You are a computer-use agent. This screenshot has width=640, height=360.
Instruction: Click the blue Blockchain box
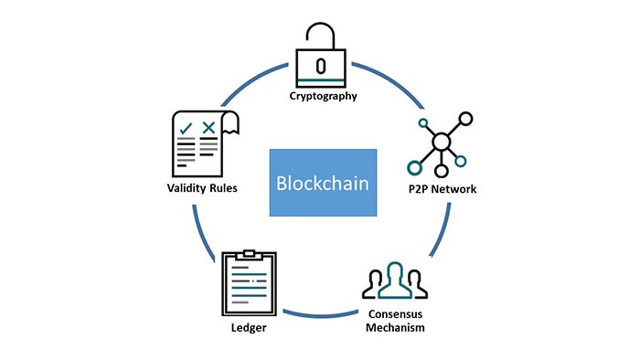click(x=323, y=182)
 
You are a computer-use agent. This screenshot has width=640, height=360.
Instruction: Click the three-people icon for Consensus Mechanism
click(x=393, y=282)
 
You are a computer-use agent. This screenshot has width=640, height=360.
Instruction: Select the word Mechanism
click(x=393, y=327)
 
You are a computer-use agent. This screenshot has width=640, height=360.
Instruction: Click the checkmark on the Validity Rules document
click(x=186, y=127)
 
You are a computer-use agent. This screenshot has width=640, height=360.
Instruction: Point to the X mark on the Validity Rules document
click(x=209, y=127)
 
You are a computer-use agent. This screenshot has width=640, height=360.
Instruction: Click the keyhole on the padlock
click(x=319, y=66)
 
